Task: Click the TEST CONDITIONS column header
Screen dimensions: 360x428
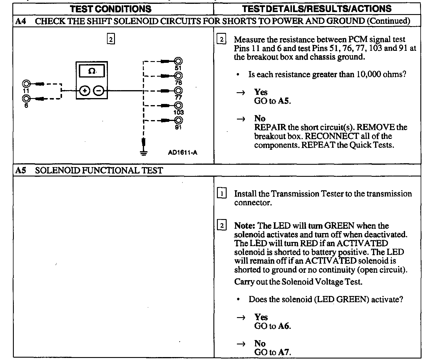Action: (111, 9)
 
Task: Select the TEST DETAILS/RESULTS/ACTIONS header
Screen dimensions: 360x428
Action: (317, 9)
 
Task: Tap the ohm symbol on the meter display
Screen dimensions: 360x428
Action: (92, 71)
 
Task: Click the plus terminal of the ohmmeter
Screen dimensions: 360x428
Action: (85, 91)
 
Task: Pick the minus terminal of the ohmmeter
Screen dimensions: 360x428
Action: (98, 91)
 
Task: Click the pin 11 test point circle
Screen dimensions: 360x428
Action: (26, 84)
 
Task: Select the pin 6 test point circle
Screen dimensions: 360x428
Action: (26, 99)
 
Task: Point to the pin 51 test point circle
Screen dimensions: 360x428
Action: (178, 61)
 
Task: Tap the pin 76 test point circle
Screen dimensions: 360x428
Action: (178, 76)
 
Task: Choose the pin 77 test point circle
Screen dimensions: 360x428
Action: (178, 91)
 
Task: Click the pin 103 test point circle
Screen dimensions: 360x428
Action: (178, 105)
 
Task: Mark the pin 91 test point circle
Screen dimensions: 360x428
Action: (178, 120)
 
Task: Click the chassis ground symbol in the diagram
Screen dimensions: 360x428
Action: (143, 153)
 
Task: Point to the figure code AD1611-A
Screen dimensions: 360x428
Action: (183, 153)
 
